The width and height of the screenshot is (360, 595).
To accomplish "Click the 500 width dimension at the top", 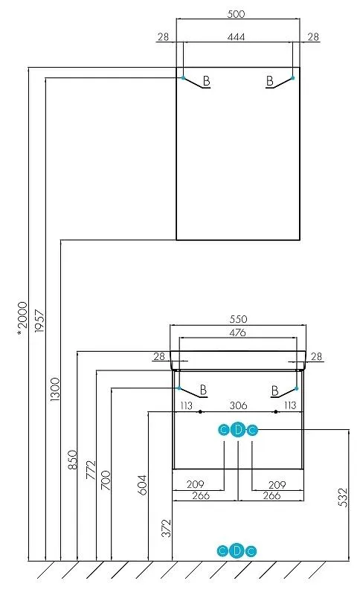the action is click(x=236, y=14).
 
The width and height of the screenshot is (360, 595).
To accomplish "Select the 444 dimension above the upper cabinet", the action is click(x=236, y=36).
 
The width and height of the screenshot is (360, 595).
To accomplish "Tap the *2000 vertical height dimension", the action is click(x=22, y=318).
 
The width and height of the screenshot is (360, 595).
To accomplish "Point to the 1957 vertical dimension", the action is click(x=39, y=321).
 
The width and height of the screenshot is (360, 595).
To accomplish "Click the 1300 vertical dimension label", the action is click(x=55, y=389).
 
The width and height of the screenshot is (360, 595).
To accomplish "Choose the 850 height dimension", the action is click(x=72, y=459).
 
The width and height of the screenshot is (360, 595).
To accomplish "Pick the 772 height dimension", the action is click(x=91, y=470).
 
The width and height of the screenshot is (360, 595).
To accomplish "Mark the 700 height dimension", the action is click(x=106, y=480).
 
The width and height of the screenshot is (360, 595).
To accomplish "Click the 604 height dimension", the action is click(x=142, y=485).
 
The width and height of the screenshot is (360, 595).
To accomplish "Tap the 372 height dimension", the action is click(x=167, y=528).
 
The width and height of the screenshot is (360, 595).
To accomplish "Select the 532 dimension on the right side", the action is click(x=342, y=498).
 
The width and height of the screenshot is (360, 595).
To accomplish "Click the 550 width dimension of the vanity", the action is click(x=238, y=319).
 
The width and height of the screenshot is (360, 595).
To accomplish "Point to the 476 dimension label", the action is click(x=238, y=332).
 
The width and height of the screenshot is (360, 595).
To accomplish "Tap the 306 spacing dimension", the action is click(x=239, y=405).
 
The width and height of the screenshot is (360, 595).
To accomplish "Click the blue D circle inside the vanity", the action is click(x=238, y=430).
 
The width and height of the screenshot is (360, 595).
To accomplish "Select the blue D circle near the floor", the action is click(x=237, y=551).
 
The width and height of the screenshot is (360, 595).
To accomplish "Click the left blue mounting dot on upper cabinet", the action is click(x=183, y=78).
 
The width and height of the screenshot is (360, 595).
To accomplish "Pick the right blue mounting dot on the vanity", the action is click(x=297, y=388).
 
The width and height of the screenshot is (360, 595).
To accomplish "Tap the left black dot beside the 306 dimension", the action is click(x=200, y=411).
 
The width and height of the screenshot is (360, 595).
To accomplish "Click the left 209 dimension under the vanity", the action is click(x=196, y=485).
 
